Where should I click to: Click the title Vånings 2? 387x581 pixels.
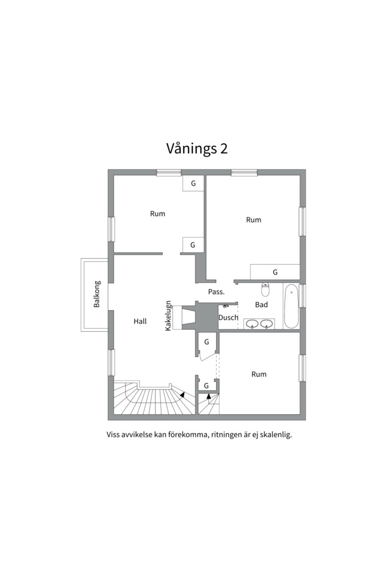coord(197,148)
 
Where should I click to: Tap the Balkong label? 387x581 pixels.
coord(97,294)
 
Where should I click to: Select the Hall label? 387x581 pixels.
coord(140,321)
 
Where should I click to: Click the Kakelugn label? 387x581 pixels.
coord(168,315)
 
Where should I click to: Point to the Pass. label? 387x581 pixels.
coord(216,292)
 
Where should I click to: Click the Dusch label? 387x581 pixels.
coord(228,317)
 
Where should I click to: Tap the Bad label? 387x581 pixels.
coord(261,304)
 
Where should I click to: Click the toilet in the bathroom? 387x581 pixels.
coord(265,289)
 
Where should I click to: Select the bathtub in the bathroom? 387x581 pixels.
coord(291,306)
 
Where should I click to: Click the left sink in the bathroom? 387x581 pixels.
coord(252,324)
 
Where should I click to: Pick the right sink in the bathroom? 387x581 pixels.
coord(267,324)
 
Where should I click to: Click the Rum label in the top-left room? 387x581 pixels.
coord(157,214)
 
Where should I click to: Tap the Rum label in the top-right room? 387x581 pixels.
coord(254,219)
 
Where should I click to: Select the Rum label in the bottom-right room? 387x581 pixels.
coord(259,374)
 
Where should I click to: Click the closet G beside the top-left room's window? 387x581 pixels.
coord(193,183)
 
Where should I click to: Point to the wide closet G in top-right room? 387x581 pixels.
coord(275,272)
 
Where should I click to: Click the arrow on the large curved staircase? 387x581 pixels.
coord(182,395)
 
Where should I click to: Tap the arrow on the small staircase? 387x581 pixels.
coord(209,396)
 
